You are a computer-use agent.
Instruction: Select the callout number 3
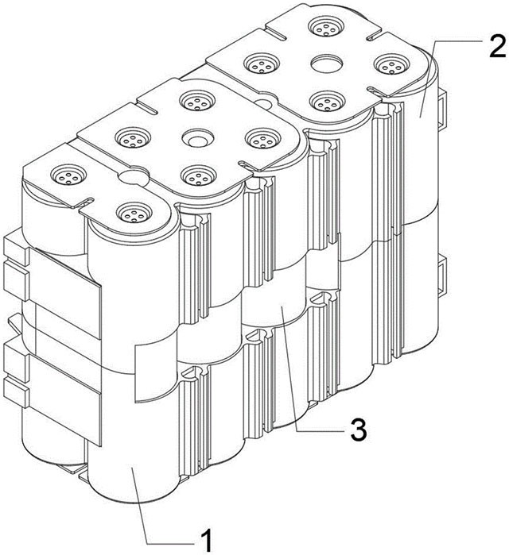coord(359,429)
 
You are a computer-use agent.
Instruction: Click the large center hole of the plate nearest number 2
coord(327,64)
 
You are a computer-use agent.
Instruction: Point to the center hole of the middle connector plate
coord(198,137)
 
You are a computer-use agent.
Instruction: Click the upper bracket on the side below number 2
coord(442,109)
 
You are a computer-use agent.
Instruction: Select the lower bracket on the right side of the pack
coord(442,275)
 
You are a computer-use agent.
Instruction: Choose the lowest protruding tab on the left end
coord(15,392)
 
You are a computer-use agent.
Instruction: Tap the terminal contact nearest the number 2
coord(392,64)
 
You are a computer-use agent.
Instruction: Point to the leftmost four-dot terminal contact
coord(68,175)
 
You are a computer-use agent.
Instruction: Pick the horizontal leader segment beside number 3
coord(321,431)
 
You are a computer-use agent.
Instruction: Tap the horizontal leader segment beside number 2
coord(457,41)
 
